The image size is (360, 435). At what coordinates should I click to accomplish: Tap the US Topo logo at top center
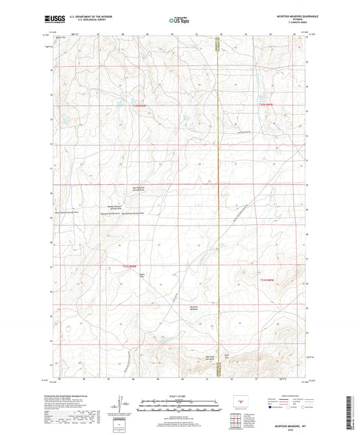click(x=178, y=20)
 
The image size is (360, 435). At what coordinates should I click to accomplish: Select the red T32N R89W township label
click(x=268, y=105)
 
